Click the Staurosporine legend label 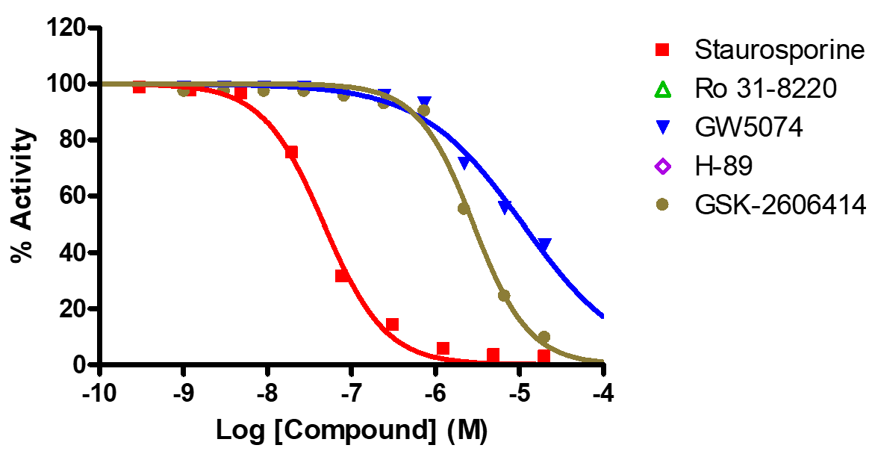click(779, 51)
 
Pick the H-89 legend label click(723, 166)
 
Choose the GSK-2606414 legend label click(780, 204)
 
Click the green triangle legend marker click(662, 90)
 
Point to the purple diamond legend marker click(662, 166)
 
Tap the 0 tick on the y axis click(83, 365)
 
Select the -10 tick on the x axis click(99, 394)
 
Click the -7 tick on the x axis click(351, 394)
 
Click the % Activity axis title click(23, 196)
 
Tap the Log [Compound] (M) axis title click(351, 431)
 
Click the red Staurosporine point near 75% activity click(291, 152)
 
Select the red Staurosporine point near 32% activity click(342, 276)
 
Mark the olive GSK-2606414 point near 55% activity click(464, 208)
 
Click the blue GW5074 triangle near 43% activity click(544, 245)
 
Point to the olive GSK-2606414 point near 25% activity click(504, 296)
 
